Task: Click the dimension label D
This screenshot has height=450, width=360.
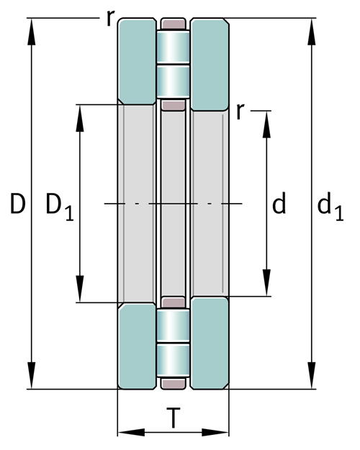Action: click(18, 204)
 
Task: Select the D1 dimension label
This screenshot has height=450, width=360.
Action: click(60, 207)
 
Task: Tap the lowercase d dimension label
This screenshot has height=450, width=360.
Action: click(279, 203)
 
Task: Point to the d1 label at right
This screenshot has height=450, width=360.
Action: click(330, 206)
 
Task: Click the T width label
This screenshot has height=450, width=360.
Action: click(174, 418)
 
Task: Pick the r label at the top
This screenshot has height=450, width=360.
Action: click(110, 18)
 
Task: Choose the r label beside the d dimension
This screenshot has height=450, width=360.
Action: click(240, 111)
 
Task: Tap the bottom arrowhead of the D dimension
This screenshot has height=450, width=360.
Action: click(31, 375)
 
